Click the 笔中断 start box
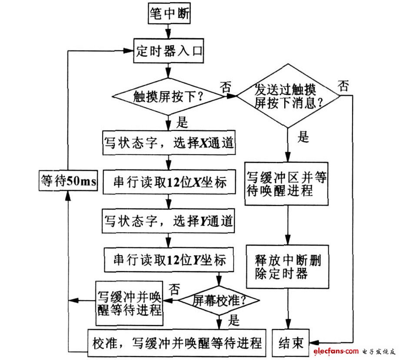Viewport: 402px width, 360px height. [x=169, y=14]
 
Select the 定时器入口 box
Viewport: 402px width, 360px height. [x=169, y=51]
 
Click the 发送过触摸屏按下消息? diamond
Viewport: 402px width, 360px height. [x=288, y=96]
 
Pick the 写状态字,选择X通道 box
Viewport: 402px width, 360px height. [x=169, y=142]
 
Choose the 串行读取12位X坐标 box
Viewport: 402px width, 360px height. [x=169, y=182]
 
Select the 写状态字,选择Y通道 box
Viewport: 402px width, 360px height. [x=169, y=222]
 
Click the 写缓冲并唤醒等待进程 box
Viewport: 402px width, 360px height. [x=130, y=303]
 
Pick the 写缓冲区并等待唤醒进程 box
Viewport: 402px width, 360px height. [x=287, y=184]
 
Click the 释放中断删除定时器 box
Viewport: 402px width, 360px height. [x=287, y=267]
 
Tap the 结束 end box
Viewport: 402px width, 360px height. [x=291, y=343]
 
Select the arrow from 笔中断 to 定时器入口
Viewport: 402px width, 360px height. [x=169, y=30]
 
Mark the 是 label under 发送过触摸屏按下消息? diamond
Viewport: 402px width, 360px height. [x=303, y=138]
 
